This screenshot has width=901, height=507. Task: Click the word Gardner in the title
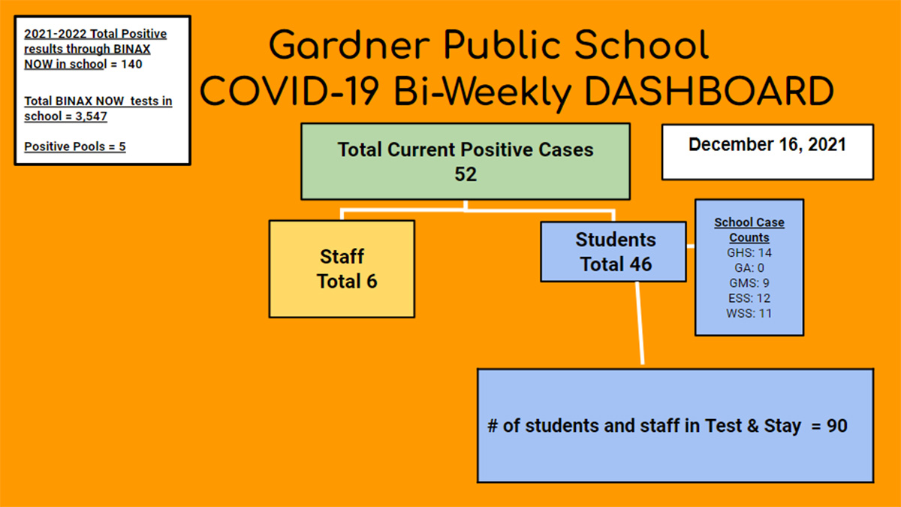(349, 45)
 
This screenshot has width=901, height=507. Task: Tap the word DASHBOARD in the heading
(709, 92)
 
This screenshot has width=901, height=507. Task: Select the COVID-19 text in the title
(289, 92)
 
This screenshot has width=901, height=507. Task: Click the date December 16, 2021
(767, 144)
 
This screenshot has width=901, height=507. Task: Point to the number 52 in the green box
(466, 174)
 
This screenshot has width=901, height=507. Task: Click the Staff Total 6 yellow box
(342, 269)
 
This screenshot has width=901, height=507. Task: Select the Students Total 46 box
(613, 252)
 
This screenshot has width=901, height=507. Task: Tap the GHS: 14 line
(749, 252)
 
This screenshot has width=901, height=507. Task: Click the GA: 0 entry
(749, 268)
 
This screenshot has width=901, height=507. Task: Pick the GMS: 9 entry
(749, 283)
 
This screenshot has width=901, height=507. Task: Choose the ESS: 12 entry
(749, 298)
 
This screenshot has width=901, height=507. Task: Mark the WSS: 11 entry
(749, 313)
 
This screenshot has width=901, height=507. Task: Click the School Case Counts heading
(749, 230)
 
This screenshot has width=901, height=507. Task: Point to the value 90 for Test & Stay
(836, 426)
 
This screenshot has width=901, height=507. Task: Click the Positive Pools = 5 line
(75, 146)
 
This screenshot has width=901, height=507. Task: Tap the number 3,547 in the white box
(92, 116)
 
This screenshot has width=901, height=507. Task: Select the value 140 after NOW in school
(131, 65)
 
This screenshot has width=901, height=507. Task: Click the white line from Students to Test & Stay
(640, 323)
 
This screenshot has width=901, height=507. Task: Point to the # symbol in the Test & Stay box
(493, 426)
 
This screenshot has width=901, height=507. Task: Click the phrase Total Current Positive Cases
(466, 149)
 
